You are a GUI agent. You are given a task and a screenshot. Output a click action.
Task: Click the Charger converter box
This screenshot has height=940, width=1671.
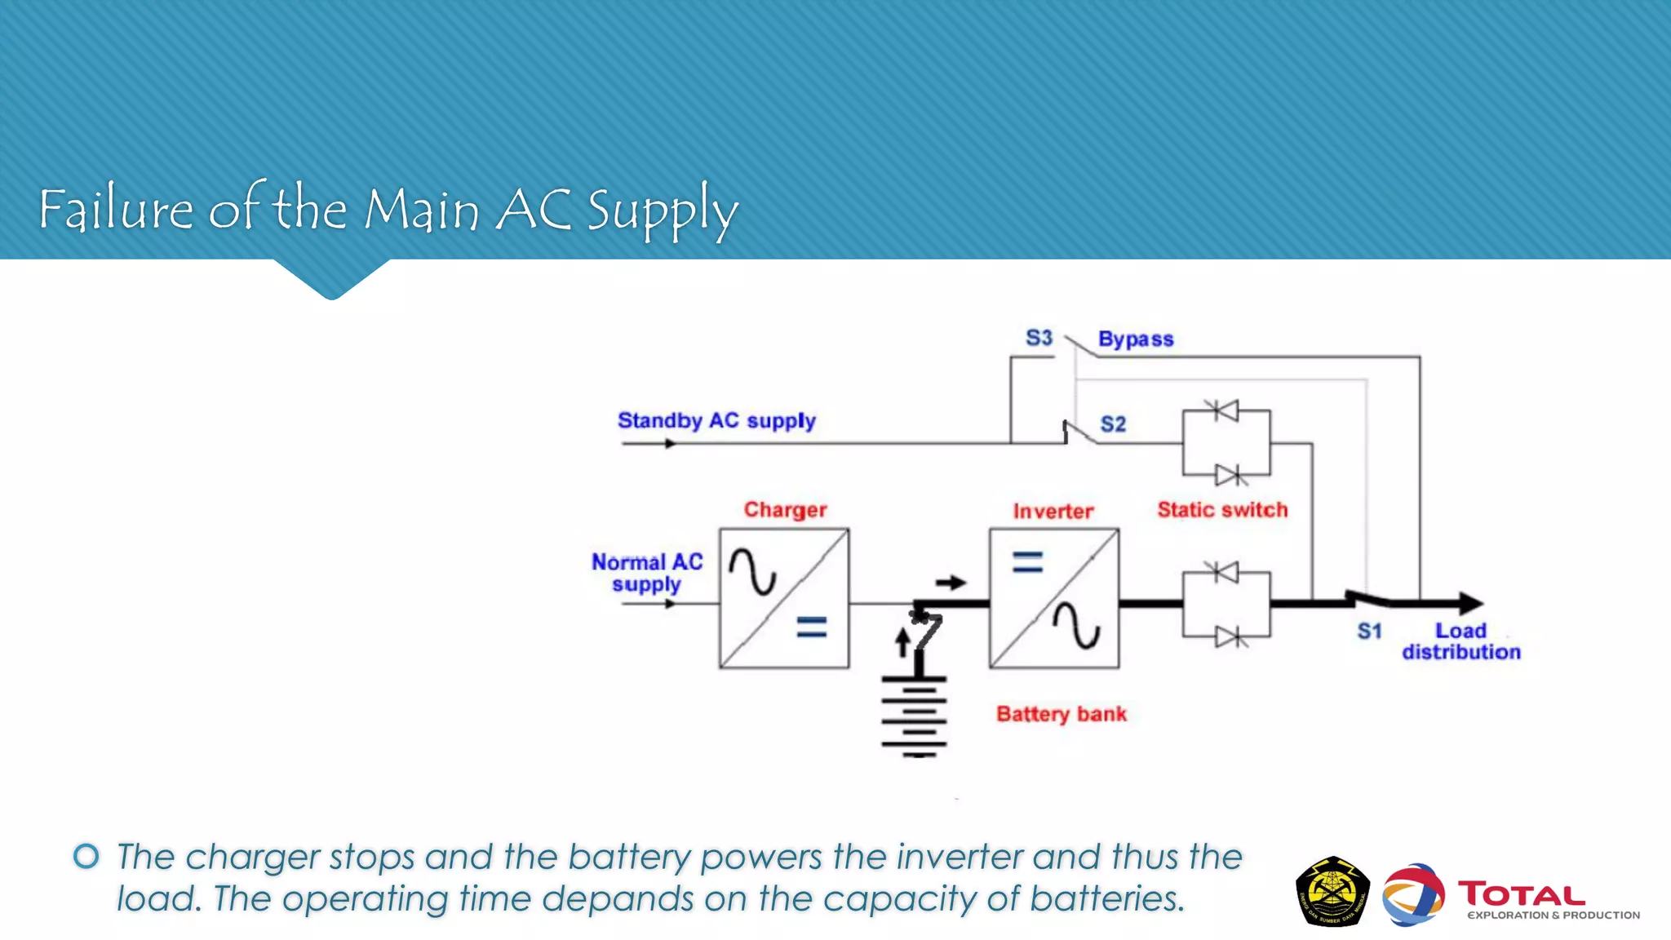784,598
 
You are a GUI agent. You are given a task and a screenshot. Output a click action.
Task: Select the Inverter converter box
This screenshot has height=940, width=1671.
1053,598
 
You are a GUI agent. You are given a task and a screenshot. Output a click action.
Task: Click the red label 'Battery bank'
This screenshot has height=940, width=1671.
1061,714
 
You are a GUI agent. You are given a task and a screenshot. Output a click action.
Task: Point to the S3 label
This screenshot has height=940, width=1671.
1039,338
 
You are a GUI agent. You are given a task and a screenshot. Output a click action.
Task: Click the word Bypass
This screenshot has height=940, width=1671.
1135,339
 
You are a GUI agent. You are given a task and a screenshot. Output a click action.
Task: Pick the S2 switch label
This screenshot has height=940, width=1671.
1113,423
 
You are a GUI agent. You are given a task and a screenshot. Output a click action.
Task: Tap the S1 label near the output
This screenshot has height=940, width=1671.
1369,631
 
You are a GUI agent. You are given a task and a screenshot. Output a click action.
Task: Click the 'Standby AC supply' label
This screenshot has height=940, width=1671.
716,420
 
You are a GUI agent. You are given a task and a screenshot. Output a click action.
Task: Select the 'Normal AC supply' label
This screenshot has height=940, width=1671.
647,573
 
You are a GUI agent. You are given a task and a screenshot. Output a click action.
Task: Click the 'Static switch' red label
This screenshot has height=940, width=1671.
1222,510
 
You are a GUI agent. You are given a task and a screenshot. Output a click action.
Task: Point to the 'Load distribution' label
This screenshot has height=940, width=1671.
1460,641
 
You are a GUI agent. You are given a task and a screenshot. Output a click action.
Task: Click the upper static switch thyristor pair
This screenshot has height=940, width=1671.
1226,442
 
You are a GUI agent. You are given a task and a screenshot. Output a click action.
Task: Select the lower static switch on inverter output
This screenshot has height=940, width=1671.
1226,604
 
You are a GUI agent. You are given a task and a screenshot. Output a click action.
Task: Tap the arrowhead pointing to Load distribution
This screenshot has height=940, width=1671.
1469,604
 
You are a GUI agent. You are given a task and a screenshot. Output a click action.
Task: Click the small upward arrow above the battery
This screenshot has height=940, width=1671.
902,642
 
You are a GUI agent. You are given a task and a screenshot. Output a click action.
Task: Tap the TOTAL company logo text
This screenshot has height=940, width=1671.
1522,894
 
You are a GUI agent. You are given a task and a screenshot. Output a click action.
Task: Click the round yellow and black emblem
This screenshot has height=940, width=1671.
1332,891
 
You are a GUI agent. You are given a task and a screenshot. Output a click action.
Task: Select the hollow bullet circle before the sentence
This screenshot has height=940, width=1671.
86,856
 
